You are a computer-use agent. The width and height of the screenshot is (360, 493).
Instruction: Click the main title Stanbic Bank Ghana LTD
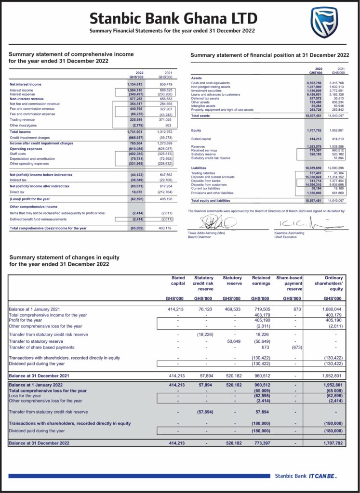click(173, 19)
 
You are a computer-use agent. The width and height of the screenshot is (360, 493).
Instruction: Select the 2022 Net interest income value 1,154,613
click(135, 84)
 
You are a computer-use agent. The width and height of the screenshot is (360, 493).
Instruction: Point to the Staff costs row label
click(18, 154)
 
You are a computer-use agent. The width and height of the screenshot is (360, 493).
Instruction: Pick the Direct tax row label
click(17, 191)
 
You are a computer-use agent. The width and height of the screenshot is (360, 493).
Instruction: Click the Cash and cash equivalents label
click(211, 83)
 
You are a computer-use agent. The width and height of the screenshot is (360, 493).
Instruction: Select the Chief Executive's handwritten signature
click(303, 223)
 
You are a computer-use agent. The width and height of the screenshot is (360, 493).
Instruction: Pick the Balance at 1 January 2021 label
click(35, 309)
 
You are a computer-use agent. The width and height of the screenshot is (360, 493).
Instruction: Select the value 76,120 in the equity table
click(206, 309)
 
